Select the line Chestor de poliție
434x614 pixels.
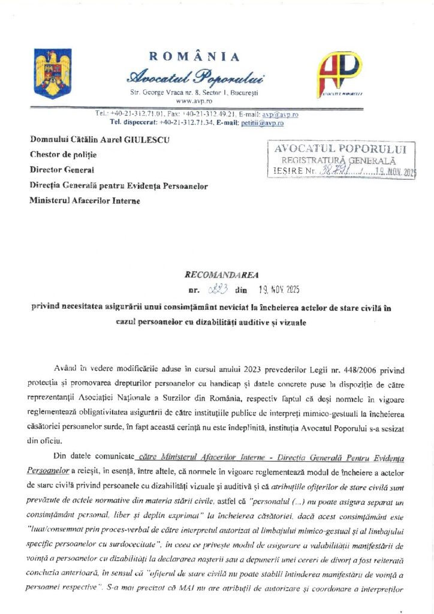click(63, 155)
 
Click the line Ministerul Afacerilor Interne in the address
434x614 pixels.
click(85, 201)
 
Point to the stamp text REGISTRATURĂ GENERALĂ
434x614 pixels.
click(339, 160)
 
